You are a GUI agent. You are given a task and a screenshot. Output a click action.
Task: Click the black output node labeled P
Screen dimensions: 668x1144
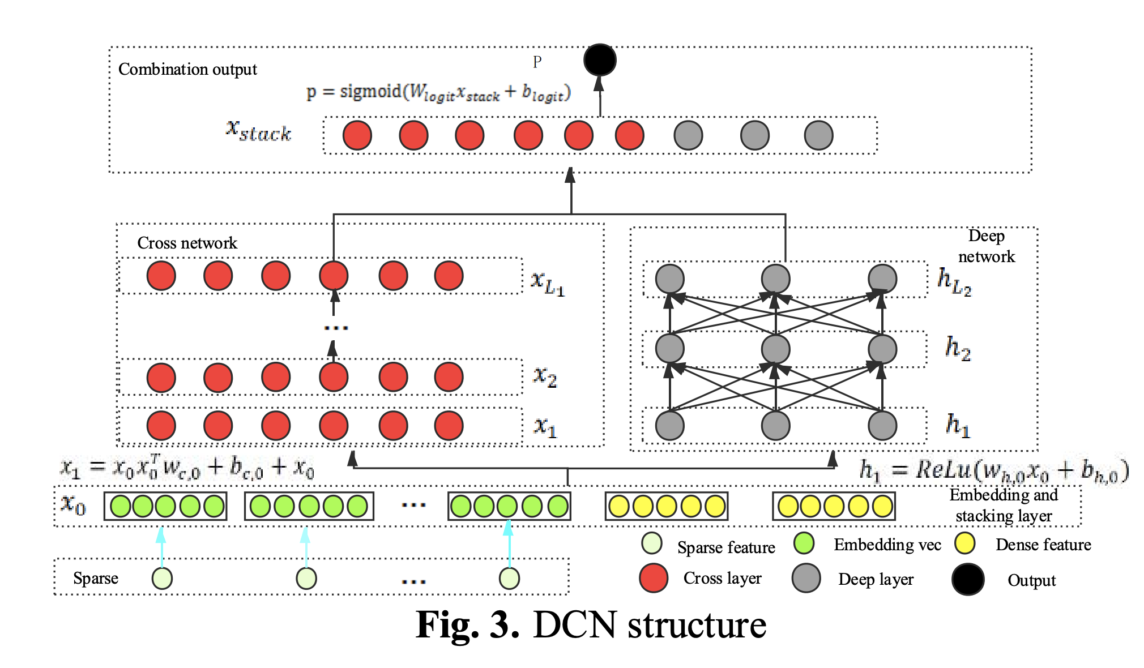click(x=600, y=60)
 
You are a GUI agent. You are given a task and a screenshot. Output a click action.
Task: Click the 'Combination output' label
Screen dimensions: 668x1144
click(x=187, y=69)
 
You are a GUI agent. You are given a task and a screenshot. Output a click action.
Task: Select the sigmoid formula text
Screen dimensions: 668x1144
click(x=438, y=92)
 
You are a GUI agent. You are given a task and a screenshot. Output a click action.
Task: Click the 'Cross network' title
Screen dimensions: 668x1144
click(x=187, y=243)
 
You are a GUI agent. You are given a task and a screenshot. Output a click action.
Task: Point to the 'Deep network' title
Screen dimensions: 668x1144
click(x=986, y=246)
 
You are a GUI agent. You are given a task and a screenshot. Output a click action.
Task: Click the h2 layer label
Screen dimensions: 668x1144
click(x=958, y=347)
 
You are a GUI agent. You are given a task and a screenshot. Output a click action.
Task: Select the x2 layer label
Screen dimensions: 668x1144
click(x=545, y=376)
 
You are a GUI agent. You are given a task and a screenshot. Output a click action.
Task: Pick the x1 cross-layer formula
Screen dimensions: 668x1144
click(x=187, y=469)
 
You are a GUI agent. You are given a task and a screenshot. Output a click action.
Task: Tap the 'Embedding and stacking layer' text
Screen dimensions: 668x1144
click(x=1004, y=506)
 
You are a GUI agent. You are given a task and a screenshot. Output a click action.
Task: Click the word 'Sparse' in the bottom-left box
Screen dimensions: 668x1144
click(x=96, y=578)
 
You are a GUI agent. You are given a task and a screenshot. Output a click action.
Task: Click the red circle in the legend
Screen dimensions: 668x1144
click(x=653, y=578)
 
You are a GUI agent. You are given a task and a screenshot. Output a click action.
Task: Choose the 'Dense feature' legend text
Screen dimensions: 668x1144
click(x=1043, y=545)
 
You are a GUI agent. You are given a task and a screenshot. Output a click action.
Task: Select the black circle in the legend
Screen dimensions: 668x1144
click(x=968, y=579)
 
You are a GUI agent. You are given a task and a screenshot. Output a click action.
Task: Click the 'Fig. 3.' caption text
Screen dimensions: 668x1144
click(x=467, y=625)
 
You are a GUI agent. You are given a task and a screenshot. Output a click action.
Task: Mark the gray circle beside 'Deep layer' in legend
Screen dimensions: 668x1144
click(x=806, y=578)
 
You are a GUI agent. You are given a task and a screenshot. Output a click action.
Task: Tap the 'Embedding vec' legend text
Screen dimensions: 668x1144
click(x=887, y=545)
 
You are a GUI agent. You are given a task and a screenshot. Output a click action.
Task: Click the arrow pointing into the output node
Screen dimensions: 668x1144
click(x=600, y=96)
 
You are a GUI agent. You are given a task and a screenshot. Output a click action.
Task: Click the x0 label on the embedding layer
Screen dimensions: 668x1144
click(x=73, y=504)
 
